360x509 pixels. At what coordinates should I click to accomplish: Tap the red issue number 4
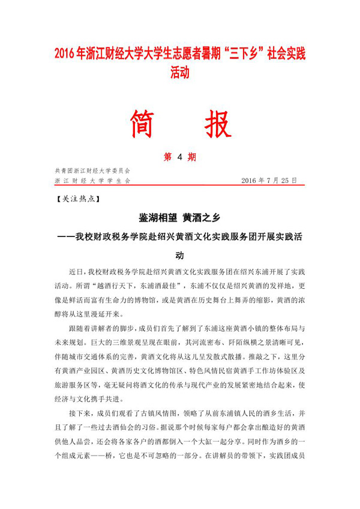pyautogui.click(x=179, y=157)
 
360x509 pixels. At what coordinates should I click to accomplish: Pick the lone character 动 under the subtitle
pyautogui.click(x=179, y=254)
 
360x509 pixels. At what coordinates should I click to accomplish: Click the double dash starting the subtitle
pyautogui.click(x=65, y=236)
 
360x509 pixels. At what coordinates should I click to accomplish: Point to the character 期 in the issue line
pyautogui.click(x=192, y=157)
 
